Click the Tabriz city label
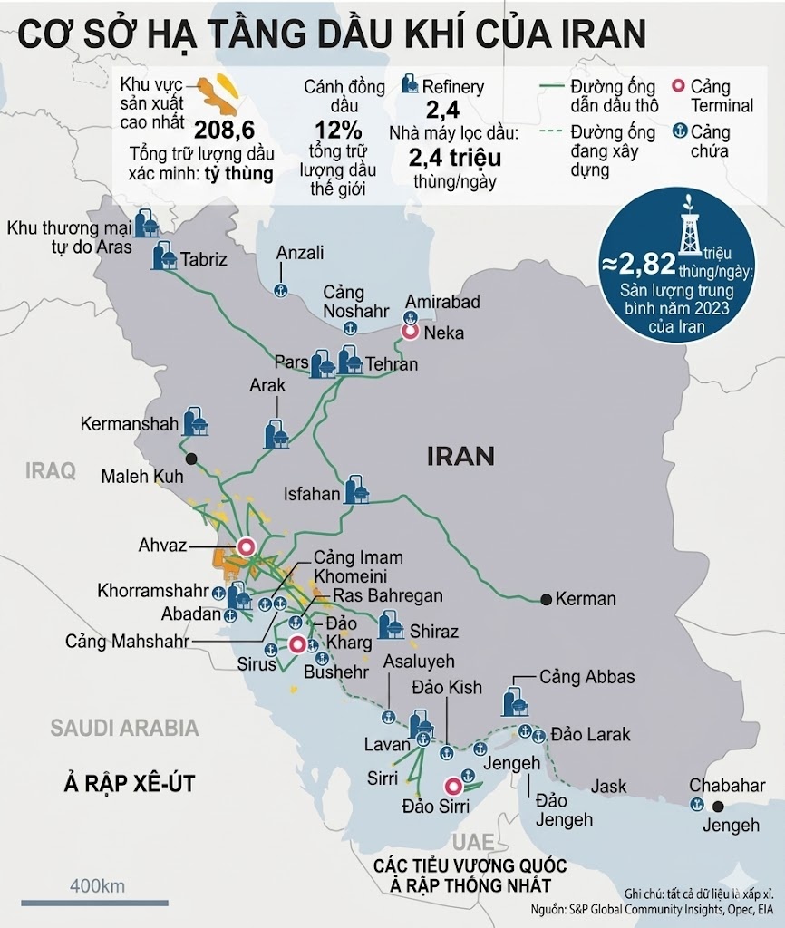[x=203, y=260]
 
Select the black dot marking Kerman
[x=546, y=599]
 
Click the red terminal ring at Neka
[x=410, y=333]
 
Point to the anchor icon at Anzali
[x=280, y=289]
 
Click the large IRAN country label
[x=460, y=455]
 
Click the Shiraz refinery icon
[x=391, y=625]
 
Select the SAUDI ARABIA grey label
[x=124, y=727]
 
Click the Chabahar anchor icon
[x=697, y=804]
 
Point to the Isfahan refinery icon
[x=357, y=489]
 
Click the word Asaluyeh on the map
[x=420, y=662]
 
